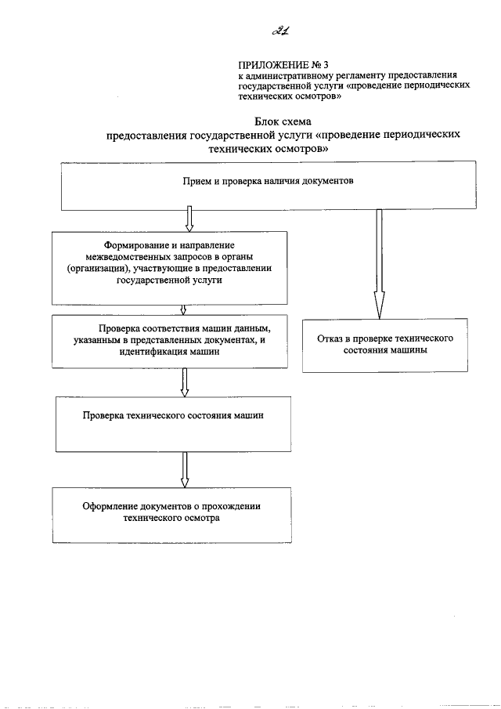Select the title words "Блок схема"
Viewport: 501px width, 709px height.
(x=283, y=122)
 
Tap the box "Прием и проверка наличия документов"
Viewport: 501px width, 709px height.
(x=268, y=185)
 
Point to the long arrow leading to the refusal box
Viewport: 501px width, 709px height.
(x=379, y=262)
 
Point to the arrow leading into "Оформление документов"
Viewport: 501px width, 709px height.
(x=184, y=470)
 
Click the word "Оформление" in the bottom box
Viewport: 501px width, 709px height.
(x=110, y=506)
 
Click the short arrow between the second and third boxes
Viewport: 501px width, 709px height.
(x=182, y=309)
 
